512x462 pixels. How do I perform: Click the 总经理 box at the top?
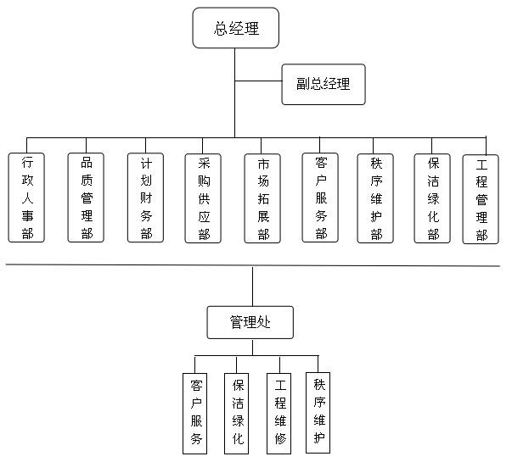pyautogui.click(x=225, y=29)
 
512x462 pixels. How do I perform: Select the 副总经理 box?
pyautogui.click(x=323, y=84)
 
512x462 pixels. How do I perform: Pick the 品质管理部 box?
pyautogui.click(x=87, y=198)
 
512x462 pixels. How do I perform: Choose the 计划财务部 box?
pyautogui.click(x=146, y=198)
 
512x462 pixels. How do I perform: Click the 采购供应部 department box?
pyautogui.click(x=204, y=198)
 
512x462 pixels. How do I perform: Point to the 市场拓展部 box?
pyautogui.click(x=262, y=198)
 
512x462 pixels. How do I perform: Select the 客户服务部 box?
pyautogui.click(x=321, y=197)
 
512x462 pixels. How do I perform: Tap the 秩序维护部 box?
pyautogui.click(x=375, y=197)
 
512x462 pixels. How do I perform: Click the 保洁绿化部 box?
pyautogui.click(x=433, y=197)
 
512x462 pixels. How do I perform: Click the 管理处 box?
pyautogui.click(x=250, y=322)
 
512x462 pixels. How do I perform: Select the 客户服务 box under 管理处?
pyautogui.click(x=196, y=412)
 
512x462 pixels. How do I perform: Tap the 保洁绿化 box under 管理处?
pyautogui.click(x=238, y=412)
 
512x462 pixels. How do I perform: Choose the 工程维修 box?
pyautogui.click(x=280, y=412)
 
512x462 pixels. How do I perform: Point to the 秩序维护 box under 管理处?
pyautogui.click(x=318, y=410)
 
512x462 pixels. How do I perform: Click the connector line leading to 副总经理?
pyautogui.click(x=258, y=82)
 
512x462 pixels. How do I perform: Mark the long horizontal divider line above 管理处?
pyautogui.click(x=127, y=265)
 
